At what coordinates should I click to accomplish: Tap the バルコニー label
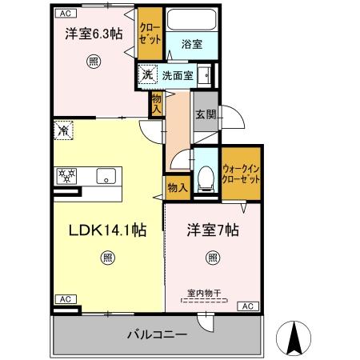[x=156, y=334]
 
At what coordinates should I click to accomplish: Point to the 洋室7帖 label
[x=211, y=230]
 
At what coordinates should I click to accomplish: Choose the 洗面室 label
[x=177, y=76]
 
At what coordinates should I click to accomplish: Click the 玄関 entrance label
[x=205, y=116]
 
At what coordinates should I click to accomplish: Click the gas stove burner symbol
[x=66, y=176]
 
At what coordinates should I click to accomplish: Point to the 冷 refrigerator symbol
[x=63, y=128]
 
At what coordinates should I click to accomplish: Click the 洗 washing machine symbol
[x=147, y=75]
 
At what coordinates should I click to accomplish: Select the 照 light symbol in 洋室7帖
[x=212, y=257]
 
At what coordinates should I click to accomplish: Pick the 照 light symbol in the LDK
[x=107, y=257]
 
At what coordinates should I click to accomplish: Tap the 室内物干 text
[x=205, y=293]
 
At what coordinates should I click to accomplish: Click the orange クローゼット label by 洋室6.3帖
[x=149, y=32]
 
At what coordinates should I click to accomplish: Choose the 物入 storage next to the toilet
[x=177, y=188]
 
